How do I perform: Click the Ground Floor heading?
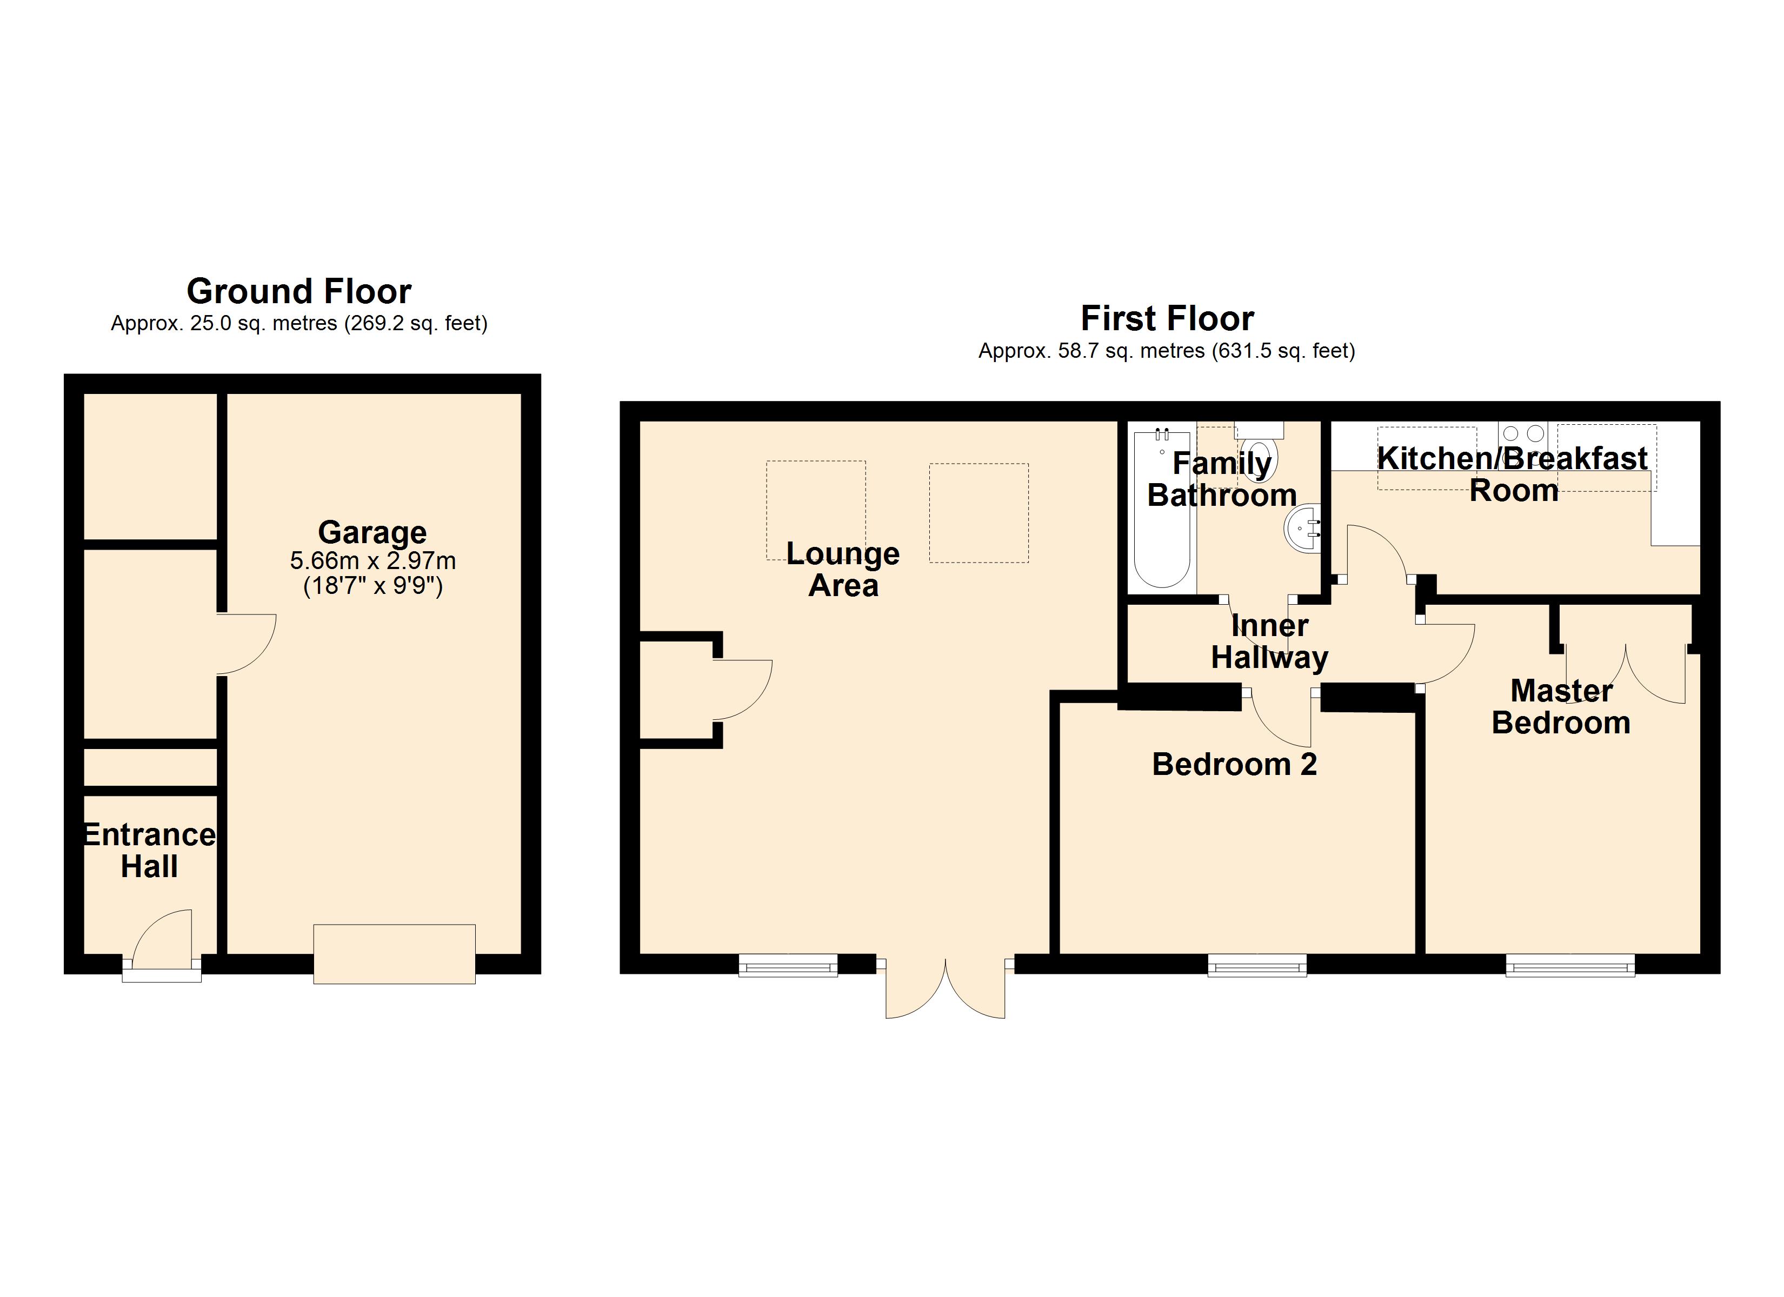(299, 291)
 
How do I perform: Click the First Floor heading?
(1167, 318)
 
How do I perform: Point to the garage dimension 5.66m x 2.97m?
(373, 561)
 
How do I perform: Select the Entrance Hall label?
(149, 850)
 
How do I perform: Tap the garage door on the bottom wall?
(394, 954)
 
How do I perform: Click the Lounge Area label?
(843, 570)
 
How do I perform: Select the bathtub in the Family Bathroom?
(1162, 508)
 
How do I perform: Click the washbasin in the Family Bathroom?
(1303, 528)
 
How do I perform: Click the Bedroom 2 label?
(1234, 765)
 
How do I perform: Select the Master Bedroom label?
(1561, 707)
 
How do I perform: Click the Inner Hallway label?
(1269, 642)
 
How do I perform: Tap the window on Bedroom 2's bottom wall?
(1257, 965)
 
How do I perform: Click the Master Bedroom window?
(1570, 965)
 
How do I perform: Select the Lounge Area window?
(788, 965)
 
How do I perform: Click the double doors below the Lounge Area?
(946, 988)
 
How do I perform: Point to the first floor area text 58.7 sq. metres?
(1131, 351)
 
